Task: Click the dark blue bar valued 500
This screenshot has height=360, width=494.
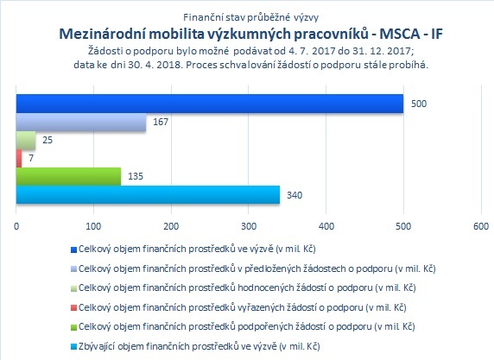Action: point(210,104)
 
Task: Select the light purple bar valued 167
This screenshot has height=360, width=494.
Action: point(81,123)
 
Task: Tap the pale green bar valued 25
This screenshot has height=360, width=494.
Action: point(26,140)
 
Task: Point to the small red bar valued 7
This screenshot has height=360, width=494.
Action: point(19,158)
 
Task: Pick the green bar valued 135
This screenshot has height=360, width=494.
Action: point(68,176)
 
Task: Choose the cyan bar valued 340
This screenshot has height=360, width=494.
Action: point(148,194)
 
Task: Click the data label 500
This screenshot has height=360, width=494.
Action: point(419,104)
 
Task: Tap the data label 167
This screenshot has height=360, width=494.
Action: point(161,122)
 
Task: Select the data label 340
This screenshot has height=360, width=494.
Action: point(294,195)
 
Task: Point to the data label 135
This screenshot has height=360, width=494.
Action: point(136,176)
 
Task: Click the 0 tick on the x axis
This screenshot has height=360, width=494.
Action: point(16,226)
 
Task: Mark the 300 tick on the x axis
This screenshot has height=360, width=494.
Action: point(249,226)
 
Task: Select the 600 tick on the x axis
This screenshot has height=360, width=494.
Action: point(481,226)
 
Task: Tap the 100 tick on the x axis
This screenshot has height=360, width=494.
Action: point(93,226)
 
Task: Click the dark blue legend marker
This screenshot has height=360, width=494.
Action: point(73,249)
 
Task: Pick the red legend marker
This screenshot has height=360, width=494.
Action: point(73,307)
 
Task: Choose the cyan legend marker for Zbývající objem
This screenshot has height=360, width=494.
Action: point(73,347)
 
